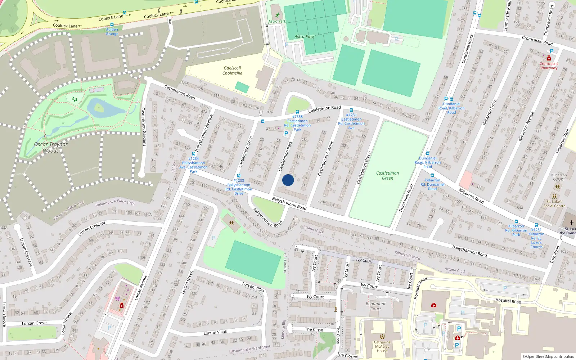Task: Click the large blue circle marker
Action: (288, 180)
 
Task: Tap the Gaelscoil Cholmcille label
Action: (232, 71)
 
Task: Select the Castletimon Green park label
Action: (387, 176)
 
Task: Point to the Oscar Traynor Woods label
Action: (51, 147)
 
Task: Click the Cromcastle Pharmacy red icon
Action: (549, 58)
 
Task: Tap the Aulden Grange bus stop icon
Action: (112, 24)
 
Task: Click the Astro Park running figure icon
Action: (277, 15)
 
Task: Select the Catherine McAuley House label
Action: (382, 347)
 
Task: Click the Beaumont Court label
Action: (375, 306)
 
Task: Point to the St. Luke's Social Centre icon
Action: (554, 197)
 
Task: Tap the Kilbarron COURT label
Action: (559, 177)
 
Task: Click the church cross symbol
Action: (571, 223)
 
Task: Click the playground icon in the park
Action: (75, 99)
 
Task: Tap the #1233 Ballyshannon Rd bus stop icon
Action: (239, 176)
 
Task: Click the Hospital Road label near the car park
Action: (508, 301)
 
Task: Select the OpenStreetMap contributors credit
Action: (548, 356)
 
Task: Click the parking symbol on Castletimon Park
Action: (286, 134)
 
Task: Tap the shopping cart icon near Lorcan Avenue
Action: (117, 298)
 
